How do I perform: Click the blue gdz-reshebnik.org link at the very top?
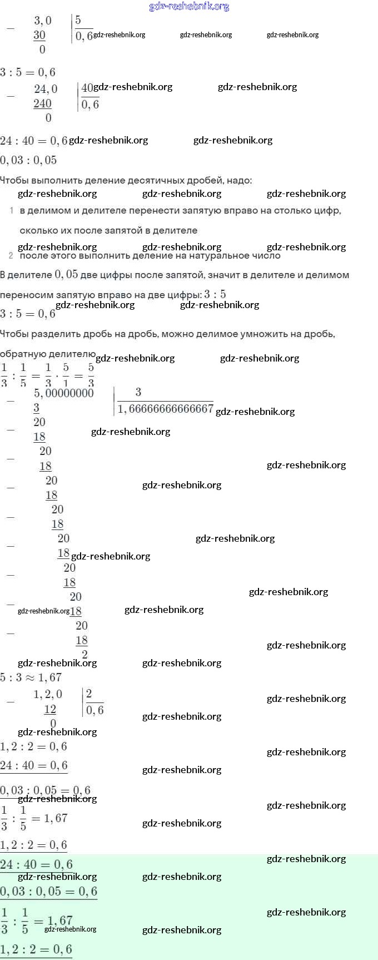pyautogui.click(x=189, y=7)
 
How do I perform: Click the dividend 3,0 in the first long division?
pyautogui.click(x=42, y=21)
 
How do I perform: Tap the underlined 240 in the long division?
pyautogui.click(x=42, y=103)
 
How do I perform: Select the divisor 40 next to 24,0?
pyautogui.click(x=87, y=88)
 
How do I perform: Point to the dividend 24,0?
pyautogui.click(x=46, y=89)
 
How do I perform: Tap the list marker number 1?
pyautogui.click(x=11, y=211)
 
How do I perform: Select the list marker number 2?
pyautogui.click(x=11, y=256)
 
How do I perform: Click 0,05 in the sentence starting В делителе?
pyautogui.click(x=66, y=274)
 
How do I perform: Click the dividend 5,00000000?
pyautogui.click(x=64, y=393)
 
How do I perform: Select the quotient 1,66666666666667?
pyautogui.click(x=166, y=409)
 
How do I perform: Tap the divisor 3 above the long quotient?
pyautogui.click(x=138, y=392)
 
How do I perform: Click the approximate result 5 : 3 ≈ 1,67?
pyautogui.click(x=31, y=677)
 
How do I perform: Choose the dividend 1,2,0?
pyautogui.click(x=48, y=694)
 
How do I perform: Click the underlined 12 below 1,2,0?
pyautogui.click(x=50, y=709)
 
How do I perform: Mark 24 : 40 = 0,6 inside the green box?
pyautogui.click(x=36, y=864)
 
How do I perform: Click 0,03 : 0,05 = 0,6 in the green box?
pyautogui.click(x=48, y=891)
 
